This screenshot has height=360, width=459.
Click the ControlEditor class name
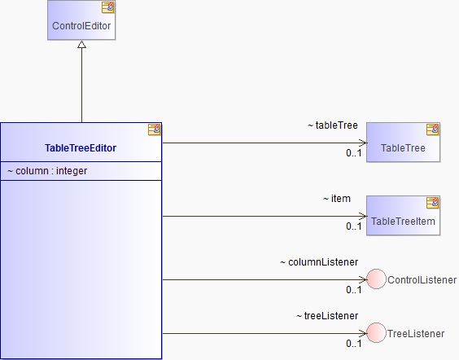(81, 26)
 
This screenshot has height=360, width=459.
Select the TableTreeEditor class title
(81, 148)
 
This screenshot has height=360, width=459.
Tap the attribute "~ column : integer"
(47, 171)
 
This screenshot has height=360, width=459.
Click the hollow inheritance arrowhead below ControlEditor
(81, 44)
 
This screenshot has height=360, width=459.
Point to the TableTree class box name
(403, 148)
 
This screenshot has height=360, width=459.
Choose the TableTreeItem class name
(403, 222)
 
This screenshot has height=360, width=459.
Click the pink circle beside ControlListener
(377, 279)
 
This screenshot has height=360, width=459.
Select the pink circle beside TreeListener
(377, 333)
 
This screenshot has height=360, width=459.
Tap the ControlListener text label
(422, 280)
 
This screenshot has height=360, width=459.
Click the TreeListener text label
(416, 334)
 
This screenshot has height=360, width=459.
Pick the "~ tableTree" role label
(333, 125)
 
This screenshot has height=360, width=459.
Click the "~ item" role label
(337, 199)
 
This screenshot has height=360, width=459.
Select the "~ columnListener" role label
(319, 262)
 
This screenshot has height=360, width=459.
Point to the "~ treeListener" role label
(327, 316)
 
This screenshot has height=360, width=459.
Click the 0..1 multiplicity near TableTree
(354, 153)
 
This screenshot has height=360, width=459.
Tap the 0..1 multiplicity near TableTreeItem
(354, 226)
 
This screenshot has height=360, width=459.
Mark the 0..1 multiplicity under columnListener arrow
(354, 290)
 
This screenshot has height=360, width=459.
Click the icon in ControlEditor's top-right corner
(107, 7)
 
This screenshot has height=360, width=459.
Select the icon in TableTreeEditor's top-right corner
(155, 130)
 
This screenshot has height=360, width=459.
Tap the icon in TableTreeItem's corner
(433, 203)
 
